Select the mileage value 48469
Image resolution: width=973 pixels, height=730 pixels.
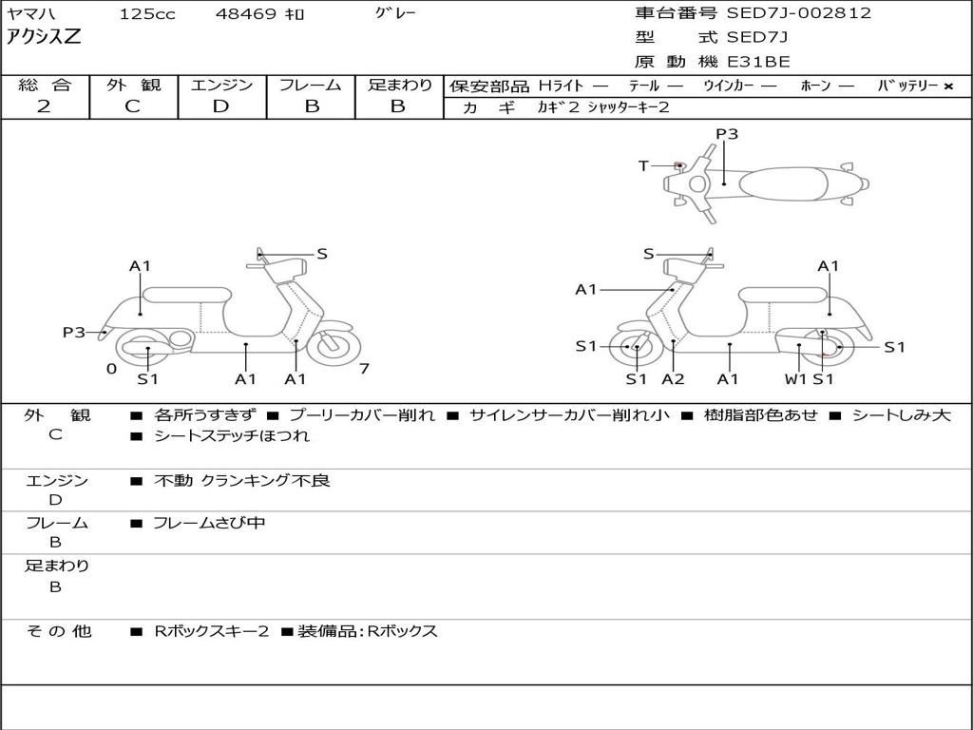247,14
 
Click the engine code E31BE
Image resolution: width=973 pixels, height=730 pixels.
758,62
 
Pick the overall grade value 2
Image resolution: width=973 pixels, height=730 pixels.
44,106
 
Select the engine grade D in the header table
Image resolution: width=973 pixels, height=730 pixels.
220,106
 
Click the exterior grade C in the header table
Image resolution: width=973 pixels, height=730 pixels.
132,106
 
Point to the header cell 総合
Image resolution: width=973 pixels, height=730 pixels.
44,86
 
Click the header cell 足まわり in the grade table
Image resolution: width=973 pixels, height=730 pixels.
399,86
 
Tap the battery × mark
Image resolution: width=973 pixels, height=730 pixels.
947,86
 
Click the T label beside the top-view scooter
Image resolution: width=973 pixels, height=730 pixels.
643,166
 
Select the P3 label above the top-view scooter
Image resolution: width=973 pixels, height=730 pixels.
727,134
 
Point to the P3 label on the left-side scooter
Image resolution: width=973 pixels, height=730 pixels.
74,333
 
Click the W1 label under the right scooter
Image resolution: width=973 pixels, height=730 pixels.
795,379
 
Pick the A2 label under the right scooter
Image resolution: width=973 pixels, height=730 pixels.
673,379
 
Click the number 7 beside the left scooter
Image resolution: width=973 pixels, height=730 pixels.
365,369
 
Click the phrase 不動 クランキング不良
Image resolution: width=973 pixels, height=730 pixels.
242,481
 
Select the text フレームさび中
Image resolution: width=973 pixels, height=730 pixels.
210,523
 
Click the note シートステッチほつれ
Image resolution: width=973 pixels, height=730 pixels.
232,436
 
